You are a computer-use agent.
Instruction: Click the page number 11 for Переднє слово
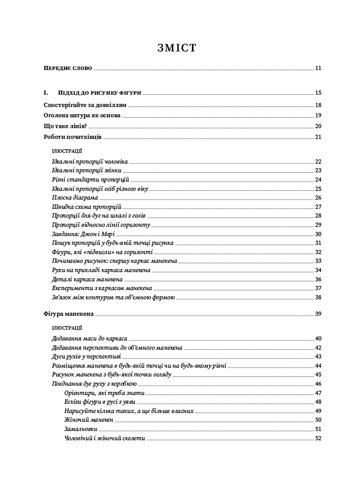[318, 68]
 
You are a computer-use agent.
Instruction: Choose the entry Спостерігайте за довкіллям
[85, 105]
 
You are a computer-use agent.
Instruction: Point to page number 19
[318, 115]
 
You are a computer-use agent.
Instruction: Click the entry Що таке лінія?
[65, 126]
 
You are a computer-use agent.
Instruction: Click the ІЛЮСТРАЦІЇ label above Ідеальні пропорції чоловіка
[67, 151]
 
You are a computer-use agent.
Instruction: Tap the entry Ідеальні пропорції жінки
[86, 170]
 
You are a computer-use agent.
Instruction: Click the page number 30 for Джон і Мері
[318, 234]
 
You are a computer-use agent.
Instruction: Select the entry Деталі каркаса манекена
[87, 279]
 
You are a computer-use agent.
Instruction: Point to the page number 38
[318, 297]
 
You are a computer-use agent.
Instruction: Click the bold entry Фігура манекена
[68, 314]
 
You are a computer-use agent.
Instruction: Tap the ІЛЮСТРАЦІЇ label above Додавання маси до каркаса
[67, 328]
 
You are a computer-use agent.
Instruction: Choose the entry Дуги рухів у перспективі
[86, 356]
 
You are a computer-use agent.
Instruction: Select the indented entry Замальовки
[81, 429]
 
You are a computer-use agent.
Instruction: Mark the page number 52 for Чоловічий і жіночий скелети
[318, 438]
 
